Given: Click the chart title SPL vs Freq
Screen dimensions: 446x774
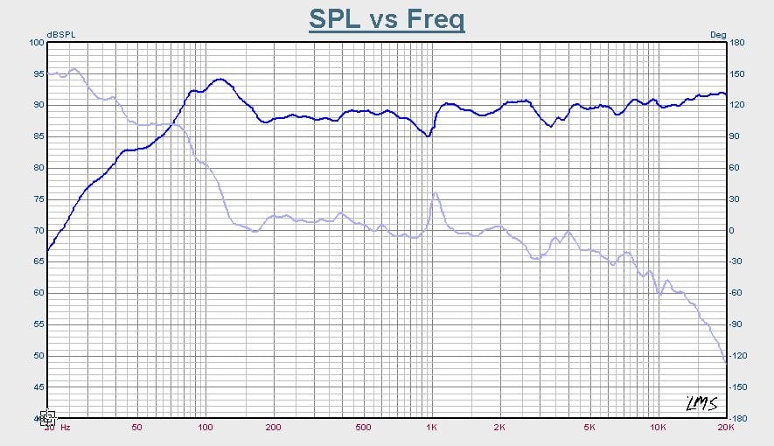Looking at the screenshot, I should tap(386, 19).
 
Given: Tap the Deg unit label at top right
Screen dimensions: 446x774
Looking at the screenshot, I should tap(717, 35).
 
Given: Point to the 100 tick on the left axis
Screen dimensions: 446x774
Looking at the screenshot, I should tap(36, 42).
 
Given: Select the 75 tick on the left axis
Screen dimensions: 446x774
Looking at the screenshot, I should tap(38, 199).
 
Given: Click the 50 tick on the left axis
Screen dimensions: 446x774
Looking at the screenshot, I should tap(38, 356).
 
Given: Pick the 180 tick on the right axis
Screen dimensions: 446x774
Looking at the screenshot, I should tap(736, 42).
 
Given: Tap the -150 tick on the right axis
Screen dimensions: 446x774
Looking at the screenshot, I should tap(738, 387).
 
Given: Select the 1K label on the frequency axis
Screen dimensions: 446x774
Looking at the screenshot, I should tap(431, 428).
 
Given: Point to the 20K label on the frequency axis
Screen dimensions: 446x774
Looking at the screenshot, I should tap(724, 428).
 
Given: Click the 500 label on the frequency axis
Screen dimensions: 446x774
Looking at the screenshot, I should tap(364, 428).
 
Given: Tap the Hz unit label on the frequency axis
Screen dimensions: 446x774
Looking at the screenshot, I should tap(65, 428).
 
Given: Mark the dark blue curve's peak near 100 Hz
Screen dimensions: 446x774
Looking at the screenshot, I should tap(220, 80).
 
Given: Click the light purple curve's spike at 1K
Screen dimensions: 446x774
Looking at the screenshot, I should tap(435, 193).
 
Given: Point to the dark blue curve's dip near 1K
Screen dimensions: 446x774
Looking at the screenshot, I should tap(428, 136).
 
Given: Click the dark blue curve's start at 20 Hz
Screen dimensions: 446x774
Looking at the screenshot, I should tap(48, 250).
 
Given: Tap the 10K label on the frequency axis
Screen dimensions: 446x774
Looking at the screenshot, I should tap(658, 428).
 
